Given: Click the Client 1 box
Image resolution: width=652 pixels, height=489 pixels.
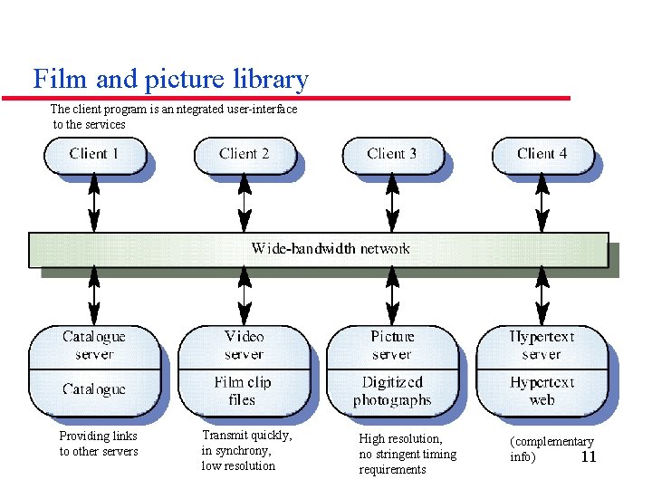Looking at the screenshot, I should coord(94,154).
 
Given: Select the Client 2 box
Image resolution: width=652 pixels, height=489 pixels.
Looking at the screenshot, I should coord(244,154).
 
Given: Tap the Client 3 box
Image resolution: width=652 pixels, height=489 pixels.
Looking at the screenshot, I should coord(392,154).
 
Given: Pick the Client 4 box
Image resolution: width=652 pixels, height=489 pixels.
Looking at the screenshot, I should coord(542,154).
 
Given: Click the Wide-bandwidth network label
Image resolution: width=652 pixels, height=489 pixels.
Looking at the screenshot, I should coord(331,248).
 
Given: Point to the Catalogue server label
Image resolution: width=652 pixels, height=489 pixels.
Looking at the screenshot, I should coord(94,345).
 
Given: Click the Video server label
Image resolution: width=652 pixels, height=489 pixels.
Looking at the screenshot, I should coord(243,345).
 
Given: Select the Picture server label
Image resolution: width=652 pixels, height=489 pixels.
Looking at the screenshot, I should coord(392,345).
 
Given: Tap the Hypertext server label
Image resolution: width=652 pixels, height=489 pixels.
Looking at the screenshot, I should coord(542,345).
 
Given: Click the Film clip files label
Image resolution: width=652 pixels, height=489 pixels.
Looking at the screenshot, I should coord(243,391).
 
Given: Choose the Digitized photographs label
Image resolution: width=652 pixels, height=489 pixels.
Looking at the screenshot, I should coord(392,391).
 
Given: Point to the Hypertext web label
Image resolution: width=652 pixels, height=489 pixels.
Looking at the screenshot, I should coord(542,391).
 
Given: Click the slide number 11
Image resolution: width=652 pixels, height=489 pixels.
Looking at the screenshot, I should coord(589,457).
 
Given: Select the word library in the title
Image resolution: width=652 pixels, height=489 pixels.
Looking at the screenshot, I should coord(271,81).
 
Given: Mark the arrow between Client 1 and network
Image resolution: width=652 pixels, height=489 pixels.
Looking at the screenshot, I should coord(95,204).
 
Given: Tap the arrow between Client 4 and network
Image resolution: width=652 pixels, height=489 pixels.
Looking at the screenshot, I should coord(542,204).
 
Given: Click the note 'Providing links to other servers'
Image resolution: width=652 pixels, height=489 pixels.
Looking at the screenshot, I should coord(99,444).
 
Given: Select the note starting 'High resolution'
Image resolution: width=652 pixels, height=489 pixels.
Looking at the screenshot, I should coord(407,454).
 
